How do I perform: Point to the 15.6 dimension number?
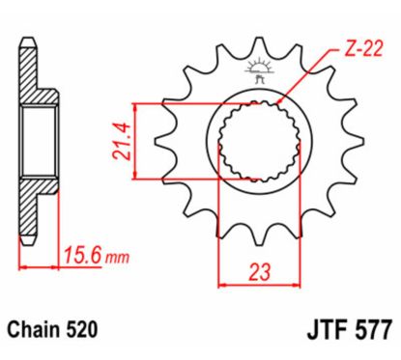(x=85, y=258)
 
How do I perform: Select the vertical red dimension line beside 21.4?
(x=140, y=141)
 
